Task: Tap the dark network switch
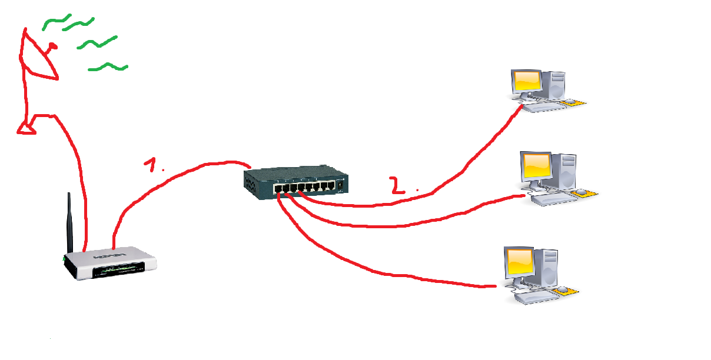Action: pyautogui.click(x=294, y=179)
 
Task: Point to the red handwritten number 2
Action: pyautogui.click(x=398, y=185)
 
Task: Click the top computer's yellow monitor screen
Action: pyautogui.click(x=526, y=81)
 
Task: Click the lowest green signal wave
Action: pyautogui.click(x=108, y=66)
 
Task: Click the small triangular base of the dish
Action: pyautogui.click(x=26, y=126)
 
